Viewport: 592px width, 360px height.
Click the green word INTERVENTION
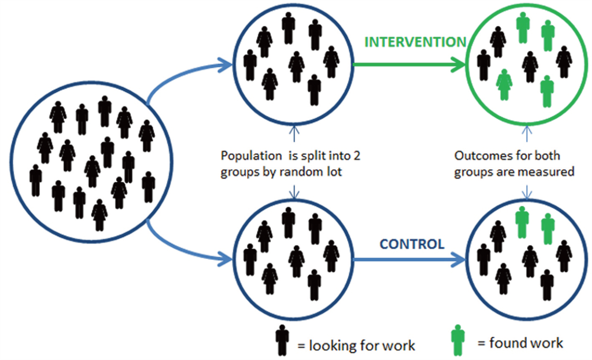click(x=415, y=42)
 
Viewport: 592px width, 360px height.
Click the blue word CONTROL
click(x=412, y=244)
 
